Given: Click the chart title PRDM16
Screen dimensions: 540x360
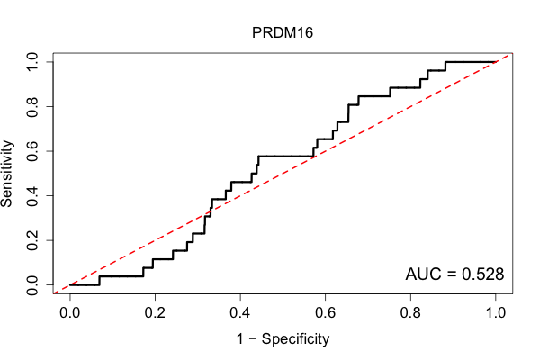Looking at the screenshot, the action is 283,32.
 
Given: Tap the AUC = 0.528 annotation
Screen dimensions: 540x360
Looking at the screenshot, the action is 454,274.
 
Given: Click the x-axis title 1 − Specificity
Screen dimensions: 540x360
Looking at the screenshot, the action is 283,339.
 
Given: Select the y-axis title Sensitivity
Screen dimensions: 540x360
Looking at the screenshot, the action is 7,174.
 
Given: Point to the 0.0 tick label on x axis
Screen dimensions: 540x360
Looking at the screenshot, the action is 70,313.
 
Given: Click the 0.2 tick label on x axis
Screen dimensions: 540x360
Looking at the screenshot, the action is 155,313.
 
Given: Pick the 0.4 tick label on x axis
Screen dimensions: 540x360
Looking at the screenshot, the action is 240,313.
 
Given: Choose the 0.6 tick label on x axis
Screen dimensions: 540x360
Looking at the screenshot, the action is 326,313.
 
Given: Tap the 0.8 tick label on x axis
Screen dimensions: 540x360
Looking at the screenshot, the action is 410,313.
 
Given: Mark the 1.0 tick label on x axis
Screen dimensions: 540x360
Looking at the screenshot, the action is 496,313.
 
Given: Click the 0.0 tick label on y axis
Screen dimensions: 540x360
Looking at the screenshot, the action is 32,285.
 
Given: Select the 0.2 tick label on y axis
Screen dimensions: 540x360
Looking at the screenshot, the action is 32,240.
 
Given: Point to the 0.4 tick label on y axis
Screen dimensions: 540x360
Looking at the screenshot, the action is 32,195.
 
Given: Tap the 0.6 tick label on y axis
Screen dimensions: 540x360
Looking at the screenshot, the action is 32,151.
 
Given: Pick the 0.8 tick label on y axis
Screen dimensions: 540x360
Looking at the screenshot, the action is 32,107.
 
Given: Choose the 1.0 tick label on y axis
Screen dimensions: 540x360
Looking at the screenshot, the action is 32,62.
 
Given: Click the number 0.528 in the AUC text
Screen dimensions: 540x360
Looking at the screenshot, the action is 482,274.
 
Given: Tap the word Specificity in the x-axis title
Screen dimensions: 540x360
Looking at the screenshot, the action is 295,339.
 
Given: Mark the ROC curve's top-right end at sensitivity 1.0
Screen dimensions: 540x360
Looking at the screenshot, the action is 495,62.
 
